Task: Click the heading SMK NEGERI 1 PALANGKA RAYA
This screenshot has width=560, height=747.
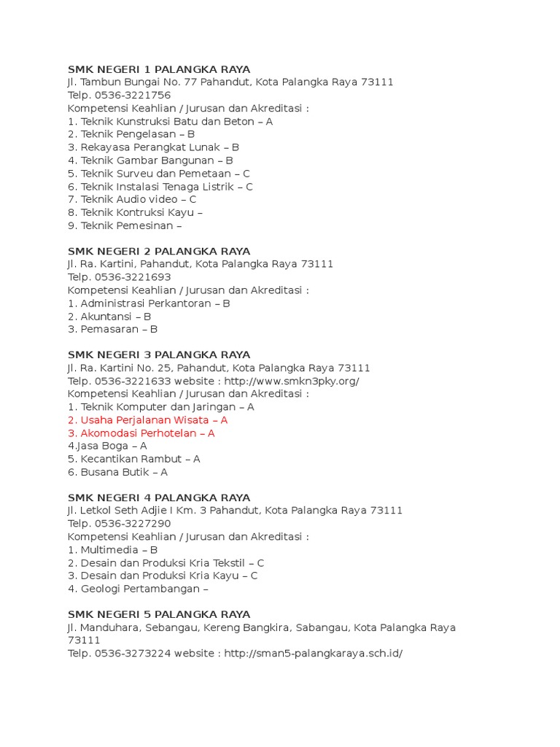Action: tap(159, 69)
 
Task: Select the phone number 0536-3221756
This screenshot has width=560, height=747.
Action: tap(133, 96)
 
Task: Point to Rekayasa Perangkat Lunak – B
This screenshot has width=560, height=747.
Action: tap(153, 147)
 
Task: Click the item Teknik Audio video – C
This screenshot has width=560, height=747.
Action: tap(132, 199)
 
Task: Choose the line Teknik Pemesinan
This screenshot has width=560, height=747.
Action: tap(125, 225)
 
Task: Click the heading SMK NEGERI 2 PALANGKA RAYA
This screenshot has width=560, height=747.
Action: tap(159, 251)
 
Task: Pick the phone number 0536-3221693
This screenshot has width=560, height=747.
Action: tap(133, 277)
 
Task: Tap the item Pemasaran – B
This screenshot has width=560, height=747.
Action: tap(112, 329)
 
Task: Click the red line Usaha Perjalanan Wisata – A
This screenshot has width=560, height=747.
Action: tap(147, 420)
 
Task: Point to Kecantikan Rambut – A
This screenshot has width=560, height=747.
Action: tap(134, 459)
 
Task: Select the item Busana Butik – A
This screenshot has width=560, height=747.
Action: tap(117, 472)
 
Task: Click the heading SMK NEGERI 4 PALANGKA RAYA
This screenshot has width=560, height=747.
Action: tap(159, 498)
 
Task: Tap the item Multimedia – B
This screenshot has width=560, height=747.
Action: tap(111, 550)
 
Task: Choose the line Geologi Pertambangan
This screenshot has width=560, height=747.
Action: tap(139, 589)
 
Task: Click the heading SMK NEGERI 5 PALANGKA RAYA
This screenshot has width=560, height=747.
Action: tap(159, 614)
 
